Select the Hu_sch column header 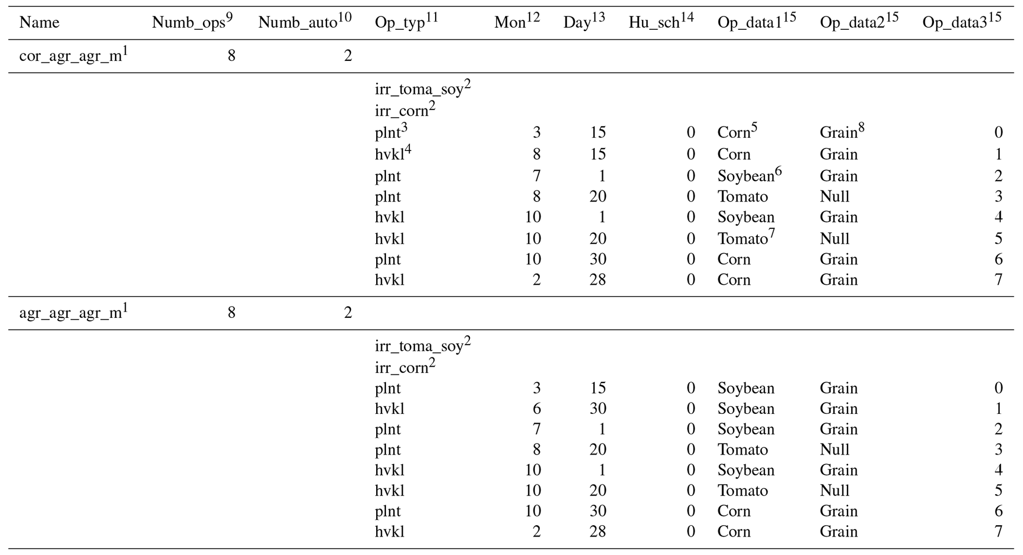[661, 22]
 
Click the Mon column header [516, 22]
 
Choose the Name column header [40, 22]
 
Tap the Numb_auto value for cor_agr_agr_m [347, 56]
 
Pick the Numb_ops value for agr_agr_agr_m [231, 313]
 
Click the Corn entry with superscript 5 [737, 132]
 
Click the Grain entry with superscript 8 [842, 132]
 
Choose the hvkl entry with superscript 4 [393, 154]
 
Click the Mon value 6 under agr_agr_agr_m [536, 408]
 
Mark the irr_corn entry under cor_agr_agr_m [405, 110]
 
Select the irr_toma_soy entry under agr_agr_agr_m [422, 346]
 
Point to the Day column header [584, 22]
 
